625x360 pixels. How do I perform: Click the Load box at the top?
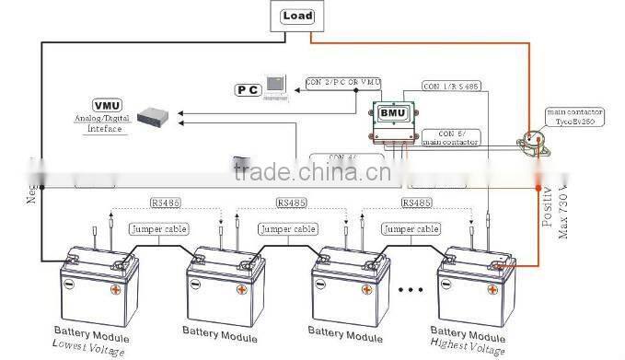pos(298,16)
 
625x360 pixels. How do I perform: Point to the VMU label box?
pos(107,106)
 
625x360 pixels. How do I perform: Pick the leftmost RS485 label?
pos(167,202)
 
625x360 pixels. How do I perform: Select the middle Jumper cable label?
pos(287,228)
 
